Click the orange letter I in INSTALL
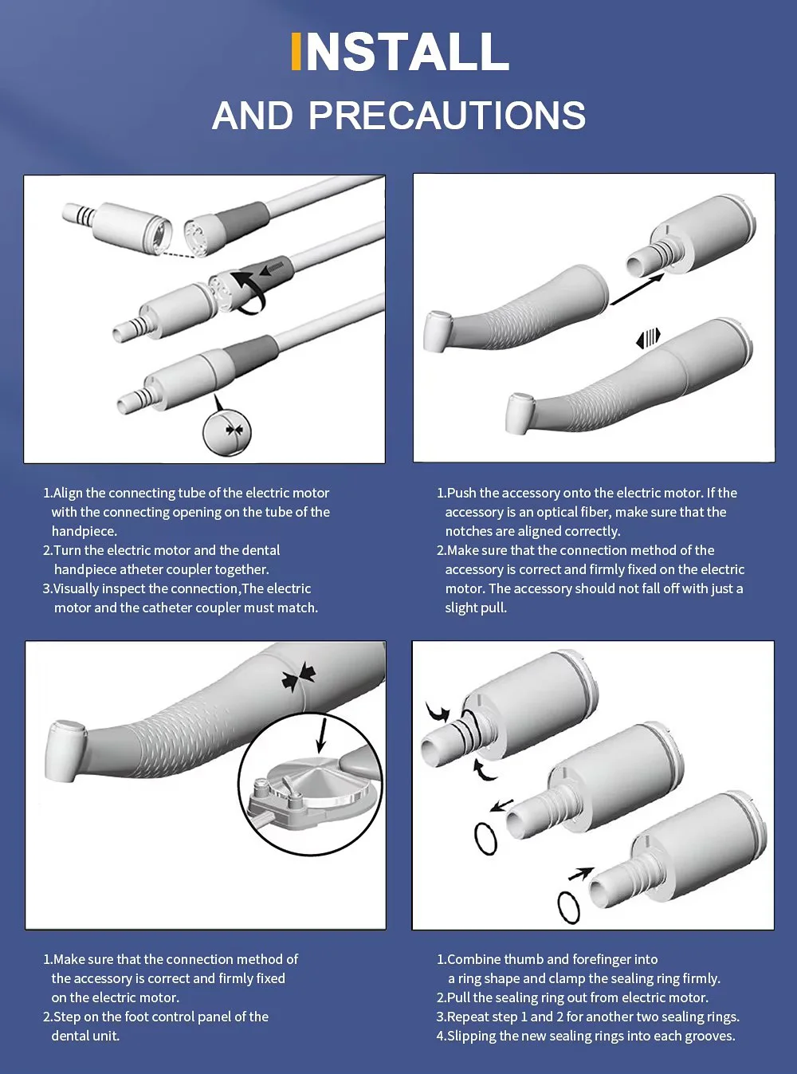click(296, 51)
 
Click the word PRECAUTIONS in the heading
click(447, 116)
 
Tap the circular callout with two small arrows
click(227, 432)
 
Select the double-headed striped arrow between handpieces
click(648, 338)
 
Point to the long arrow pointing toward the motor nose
click(638, 289)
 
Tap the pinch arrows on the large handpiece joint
click(299, 676)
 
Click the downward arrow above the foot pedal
click(321, 735)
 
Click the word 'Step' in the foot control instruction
click(67, 1017)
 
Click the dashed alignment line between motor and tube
click(177, 254)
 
